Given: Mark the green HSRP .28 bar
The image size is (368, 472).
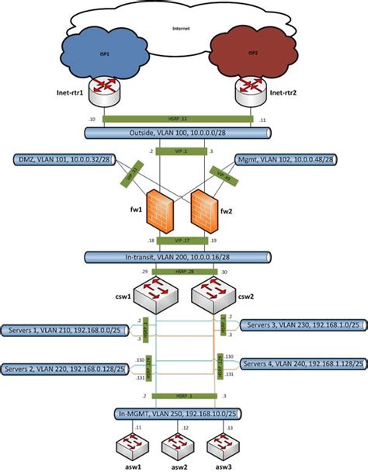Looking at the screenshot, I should point(183,271).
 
